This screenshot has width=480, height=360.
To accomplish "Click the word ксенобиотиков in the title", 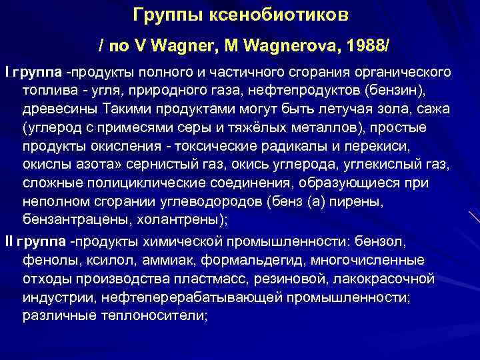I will [289, 14].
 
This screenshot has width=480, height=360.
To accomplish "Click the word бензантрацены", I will [67, 219].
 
